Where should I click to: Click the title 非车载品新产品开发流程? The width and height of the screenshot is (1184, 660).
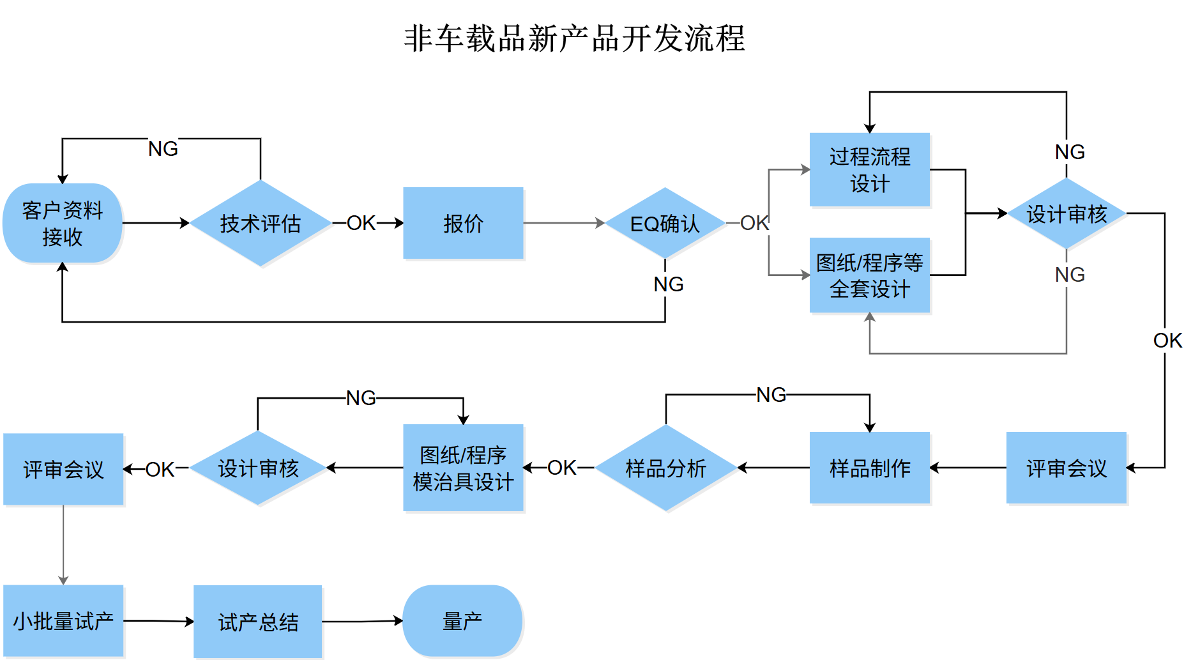pos(575,38)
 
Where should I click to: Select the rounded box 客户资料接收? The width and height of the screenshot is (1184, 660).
pos(63,223)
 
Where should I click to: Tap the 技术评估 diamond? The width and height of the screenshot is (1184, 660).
pos(261,223)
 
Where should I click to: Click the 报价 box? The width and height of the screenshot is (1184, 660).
pos(463,223)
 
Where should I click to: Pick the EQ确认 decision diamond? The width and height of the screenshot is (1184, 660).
pos(665,223)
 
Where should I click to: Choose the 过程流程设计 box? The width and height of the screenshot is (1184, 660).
pos(870,169)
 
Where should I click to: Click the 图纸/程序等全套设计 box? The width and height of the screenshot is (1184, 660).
pos(870,275)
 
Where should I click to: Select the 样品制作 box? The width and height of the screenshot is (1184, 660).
pos(870,468)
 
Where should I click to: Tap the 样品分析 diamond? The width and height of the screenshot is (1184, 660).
pos(666,468)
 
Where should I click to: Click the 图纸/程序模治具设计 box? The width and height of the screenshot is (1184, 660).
pos(463,468)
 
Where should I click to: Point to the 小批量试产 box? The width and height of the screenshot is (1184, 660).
pos(63,621)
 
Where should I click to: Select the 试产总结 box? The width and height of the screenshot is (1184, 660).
pos(258,621)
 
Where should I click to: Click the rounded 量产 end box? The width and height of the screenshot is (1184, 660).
pos(463,621)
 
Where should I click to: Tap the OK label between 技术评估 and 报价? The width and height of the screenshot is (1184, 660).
pos(361,223)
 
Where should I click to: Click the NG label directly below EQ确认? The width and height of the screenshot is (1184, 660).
pos(669,284)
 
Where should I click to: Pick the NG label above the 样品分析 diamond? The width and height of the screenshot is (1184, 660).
pos(771,395)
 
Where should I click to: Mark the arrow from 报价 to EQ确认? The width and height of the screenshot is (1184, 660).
pos(564,223)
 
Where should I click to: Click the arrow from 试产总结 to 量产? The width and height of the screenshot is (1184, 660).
pos(363,621)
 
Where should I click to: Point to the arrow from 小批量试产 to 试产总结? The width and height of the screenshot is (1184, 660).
pos(159,621)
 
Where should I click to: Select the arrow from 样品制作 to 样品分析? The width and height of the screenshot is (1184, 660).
pos(773,468)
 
